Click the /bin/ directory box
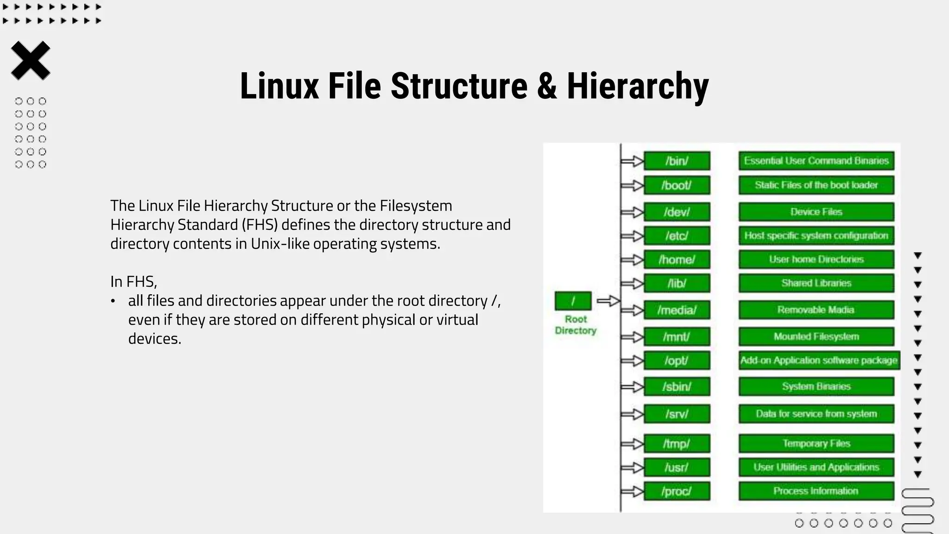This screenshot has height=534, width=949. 677,161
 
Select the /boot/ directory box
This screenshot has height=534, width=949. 677,185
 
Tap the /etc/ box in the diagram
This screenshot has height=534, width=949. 677,236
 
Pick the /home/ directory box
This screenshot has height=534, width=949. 677,260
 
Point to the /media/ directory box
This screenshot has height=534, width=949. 677,310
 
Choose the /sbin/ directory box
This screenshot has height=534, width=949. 677,387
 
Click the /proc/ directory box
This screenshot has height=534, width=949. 677,491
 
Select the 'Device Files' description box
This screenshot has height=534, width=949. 816,212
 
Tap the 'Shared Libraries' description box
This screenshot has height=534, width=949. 816,283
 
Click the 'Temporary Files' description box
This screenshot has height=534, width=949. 816,444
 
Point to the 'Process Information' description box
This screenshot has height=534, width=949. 816,491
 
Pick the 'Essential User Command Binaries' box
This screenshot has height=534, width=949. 816,161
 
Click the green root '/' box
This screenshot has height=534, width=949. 573,301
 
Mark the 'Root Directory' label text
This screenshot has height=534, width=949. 576,325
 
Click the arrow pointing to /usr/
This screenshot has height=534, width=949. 632,468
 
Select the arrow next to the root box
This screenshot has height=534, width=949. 608,301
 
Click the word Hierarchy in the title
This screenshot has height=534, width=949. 638,86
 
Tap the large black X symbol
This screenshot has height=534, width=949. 31,61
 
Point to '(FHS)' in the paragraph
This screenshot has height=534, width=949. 259,225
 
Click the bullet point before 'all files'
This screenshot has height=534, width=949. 113,301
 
